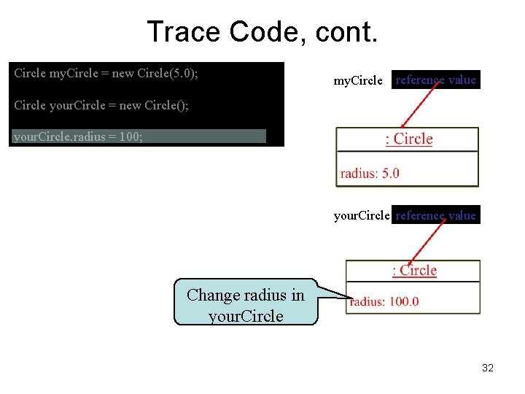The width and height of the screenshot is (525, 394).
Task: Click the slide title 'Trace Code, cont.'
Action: point(262,32)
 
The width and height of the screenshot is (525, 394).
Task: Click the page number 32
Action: point(488,368)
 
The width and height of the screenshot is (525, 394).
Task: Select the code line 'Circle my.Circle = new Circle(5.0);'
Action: point(106,73)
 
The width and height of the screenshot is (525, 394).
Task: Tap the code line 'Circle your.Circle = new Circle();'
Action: point(101,105)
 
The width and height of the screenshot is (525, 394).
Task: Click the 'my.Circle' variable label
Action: point(357,80)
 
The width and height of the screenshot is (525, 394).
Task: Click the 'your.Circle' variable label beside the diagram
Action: point(362,215)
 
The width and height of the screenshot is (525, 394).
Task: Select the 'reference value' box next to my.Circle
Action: point(435,80)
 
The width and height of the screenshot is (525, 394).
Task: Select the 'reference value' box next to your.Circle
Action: point(435,215)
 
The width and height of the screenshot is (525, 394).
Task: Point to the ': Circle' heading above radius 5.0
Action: point(408,139)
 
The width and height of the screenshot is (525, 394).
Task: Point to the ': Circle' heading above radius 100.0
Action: point(414,271)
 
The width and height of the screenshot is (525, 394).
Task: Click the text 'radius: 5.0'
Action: point(370,173)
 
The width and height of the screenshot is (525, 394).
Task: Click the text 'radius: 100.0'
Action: point(384,301)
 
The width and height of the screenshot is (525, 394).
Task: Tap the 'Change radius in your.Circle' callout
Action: point(246,305)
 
